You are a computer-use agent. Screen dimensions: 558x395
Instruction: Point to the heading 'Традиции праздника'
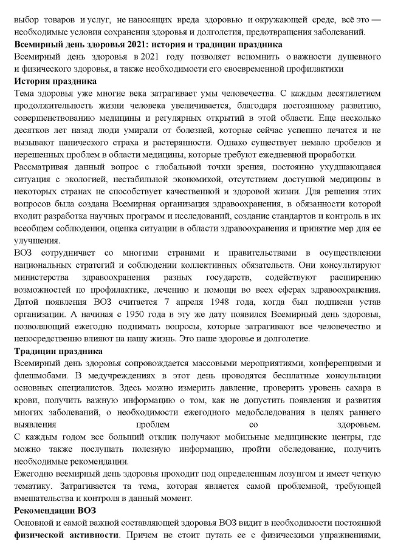pos(58,351)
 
